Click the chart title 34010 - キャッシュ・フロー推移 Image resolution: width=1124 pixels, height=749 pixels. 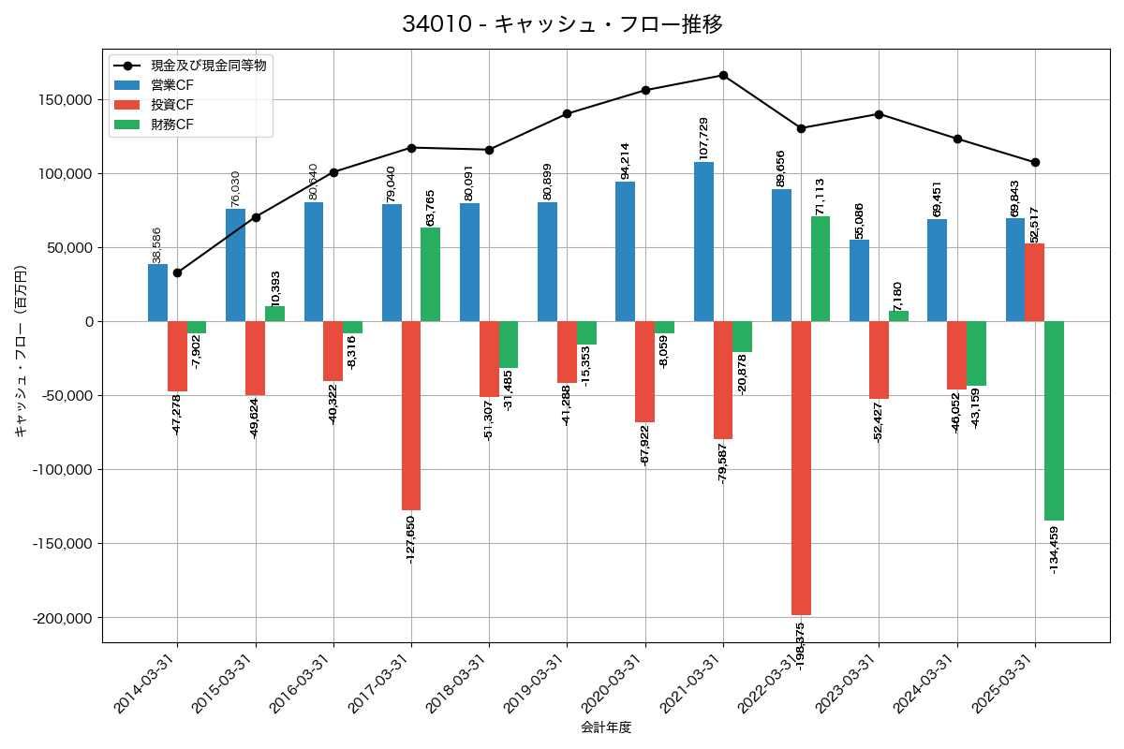tap(562, 24)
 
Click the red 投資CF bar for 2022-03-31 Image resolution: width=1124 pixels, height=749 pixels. tap(801, 468)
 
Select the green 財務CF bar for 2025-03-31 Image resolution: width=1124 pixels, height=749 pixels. tap(1054, 420)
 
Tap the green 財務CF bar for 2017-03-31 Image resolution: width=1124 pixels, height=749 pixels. tap(430, 274)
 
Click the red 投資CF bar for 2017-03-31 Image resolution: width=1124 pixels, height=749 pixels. tap(410, 416)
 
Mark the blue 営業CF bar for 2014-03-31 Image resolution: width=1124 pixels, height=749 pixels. tap(157, 293)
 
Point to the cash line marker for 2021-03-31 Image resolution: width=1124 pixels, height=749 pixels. tap(723, 75)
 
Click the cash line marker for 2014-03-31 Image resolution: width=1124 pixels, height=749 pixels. tap(177, 272)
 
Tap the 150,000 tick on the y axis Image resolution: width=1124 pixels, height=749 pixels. tap(65, 100)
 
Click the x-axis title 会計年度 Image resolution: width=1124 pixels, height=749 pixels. tap(605, 727)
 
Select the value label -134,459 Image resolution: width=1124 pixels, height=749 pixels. tap(1054, 551)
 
